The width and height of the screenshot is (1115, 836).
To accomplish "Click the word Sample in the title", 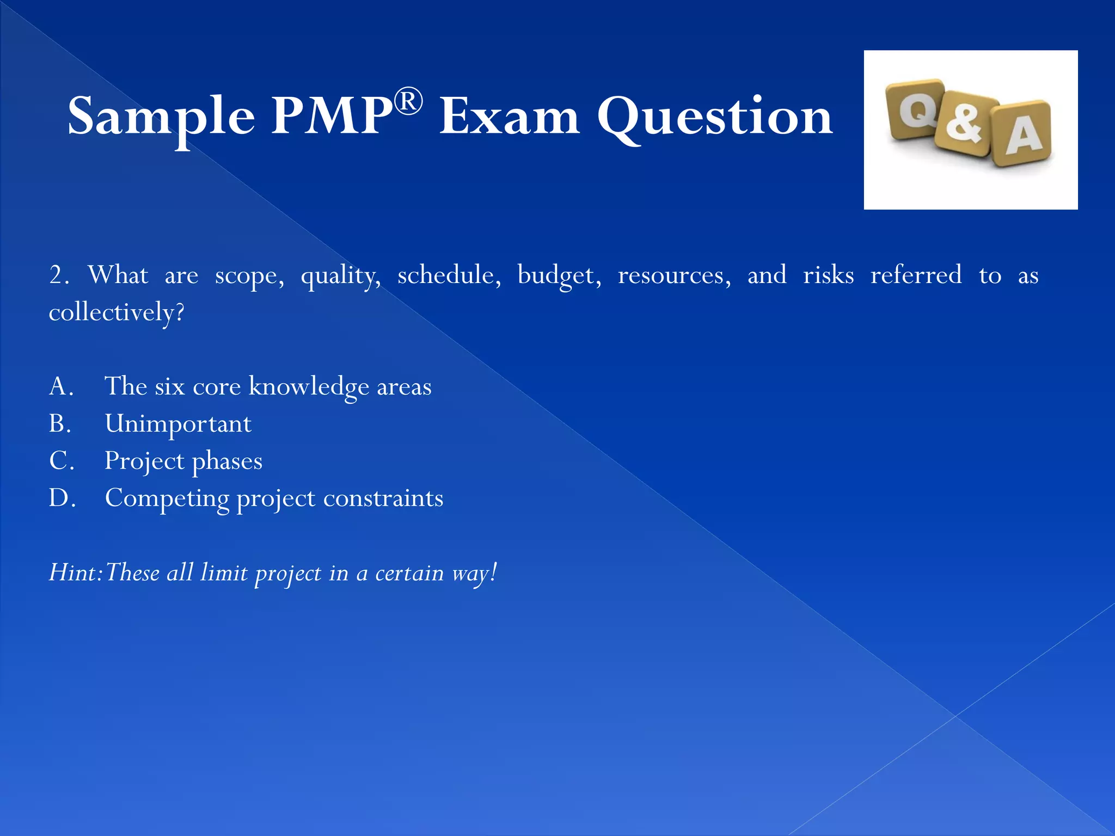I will click(x=161, y=116).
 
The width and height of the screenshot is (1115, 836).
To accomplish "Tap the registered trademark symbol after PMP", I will click(x=408, y=101).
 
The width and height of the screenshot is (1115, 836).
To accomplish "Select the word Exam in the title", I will click(x=510, y=116).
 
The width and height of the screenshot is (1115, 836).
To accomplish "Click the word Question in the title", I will click(x=715, y=116).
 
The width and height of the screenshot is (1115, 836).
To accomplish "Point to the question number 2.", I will click(x=58, y=275).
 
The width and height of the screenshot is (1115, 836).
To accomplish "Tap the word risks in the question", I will click(x=828, y=275).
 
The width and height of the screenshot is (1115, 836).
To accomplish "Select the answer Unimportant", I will click(x=178, y=424).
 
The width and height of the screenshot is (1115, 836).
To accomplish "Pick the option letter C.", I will click(x=61, y=461).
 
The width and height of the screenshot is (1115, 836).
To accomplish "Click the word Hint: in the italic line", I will click(x=76, y=573).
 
